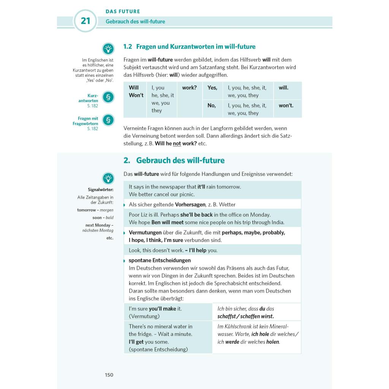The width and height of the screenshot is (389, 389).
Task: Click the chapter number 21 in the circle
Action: point(85,21)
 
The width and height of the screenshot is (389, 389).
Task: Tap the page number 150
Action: point(109,375)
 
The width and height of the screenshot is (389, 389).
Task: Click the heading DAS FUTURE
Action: point(123,11)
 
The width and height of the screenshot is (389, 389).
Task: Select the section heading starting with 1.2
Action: point(189,47)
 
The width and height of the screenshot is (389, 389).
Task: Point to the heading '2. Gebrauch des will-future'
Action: point(174,160)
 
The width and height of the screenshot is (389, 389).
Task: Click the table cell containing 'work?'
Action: point(189,88)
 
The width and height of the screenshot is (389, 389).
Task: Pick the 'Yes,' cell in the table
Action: point(212,88)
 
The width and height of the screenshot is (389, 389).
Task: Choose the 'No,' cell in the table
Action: point(212,106)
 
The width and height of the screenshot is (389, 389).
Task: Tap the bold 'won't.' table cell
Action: point(286,106)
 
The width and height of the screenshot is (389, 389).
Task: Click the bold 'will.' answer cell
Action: point(283,88)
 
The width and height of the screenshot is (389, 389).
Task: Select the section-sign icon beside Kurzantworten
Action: point(108,97)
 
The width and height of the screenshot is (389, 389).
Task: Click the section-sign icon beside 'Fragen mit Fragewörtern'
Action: point(108,120)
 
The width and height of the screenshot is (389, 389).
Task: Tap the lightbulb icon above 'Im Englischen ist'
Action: point(108,49)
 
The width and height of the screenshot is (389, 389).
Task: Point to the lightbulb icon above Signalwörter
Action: point(108,178)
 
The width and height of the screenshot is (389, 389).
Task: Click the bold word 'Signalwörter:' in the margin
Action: point(100,190)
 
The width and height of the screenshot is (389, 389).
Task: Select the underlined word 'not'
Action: point(177,144)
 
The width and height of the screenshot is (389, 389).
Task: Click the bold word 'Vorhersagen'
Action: point(190,204)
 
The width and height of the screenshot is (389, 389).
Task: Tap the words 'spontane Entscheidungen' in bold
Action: point(160,260)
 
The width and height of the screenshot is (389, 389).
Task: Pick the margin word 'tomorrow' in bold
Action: point(87,210)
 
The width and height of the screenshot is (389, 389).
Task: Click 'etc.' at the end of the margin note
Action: point(110,238)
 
